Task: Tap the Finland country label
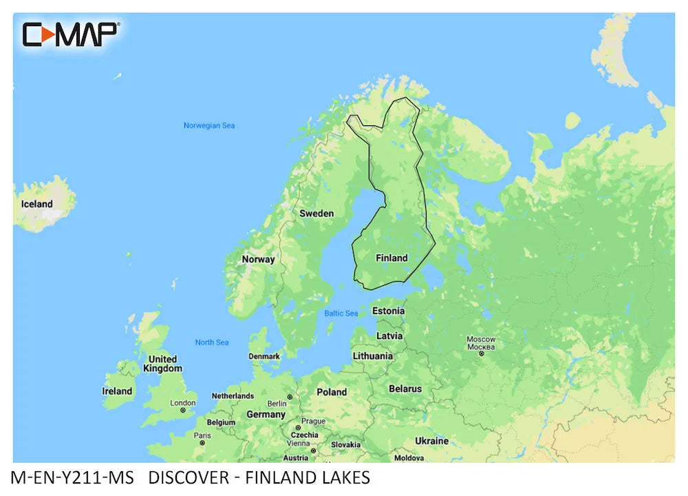[391, 258]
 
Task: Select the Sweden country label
[316, 214]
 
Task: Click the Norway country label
[258, 260]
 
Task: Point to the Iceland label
[36, 204]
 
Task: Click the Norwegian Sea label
[209, 125]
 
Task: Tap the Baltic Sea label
[341, 313]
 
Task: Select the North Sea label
[212, 342]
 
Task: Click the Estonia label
[388, 311]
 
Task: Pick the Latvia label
[389, 335]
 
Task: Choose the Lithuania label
[373, 356]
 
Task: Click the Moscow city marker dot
[482, 353]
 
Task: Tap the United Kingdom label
[162, 364]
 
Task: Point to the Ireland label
[117, 391]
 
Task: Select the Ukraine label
[431, 441]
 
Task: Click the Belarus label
[405, 389]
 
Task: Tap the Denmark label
[264, 356]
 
